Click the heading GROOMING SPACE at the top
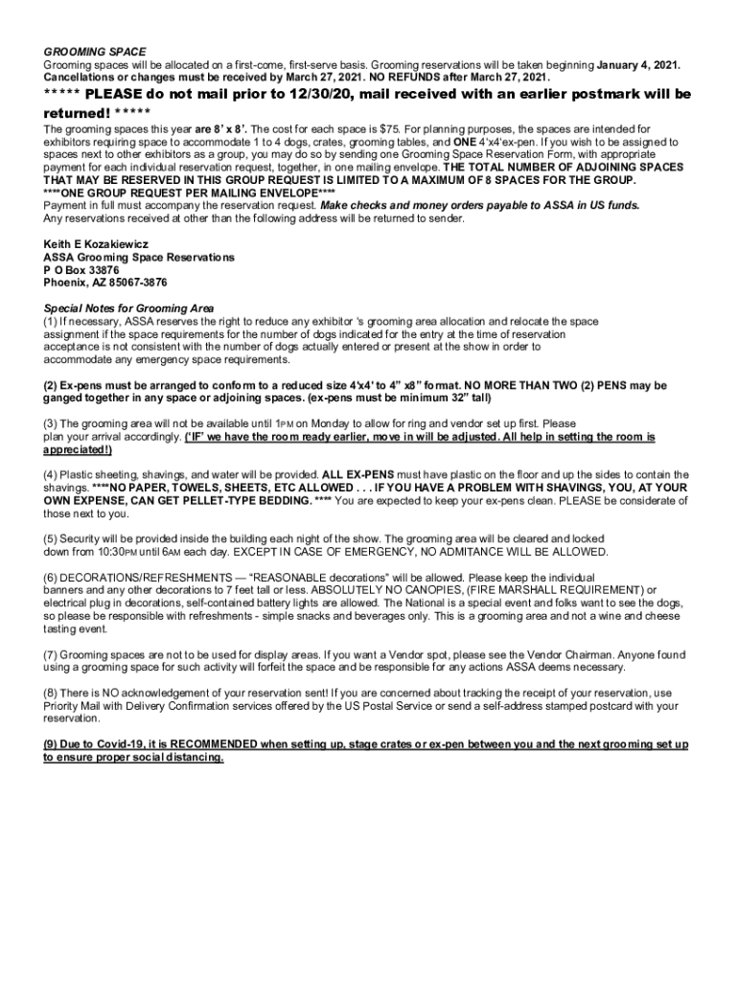click(95, 52)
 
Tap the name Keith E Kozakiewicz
click(95, 245)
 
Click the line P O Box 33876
click(81, 270)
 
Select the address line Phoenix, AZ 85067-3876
click(105, 283)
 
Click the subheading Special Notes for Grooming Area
click(128, 308)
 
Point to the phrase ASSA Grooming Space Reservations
click(138, 258)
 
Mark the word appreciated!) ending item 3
click(79, 449)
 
